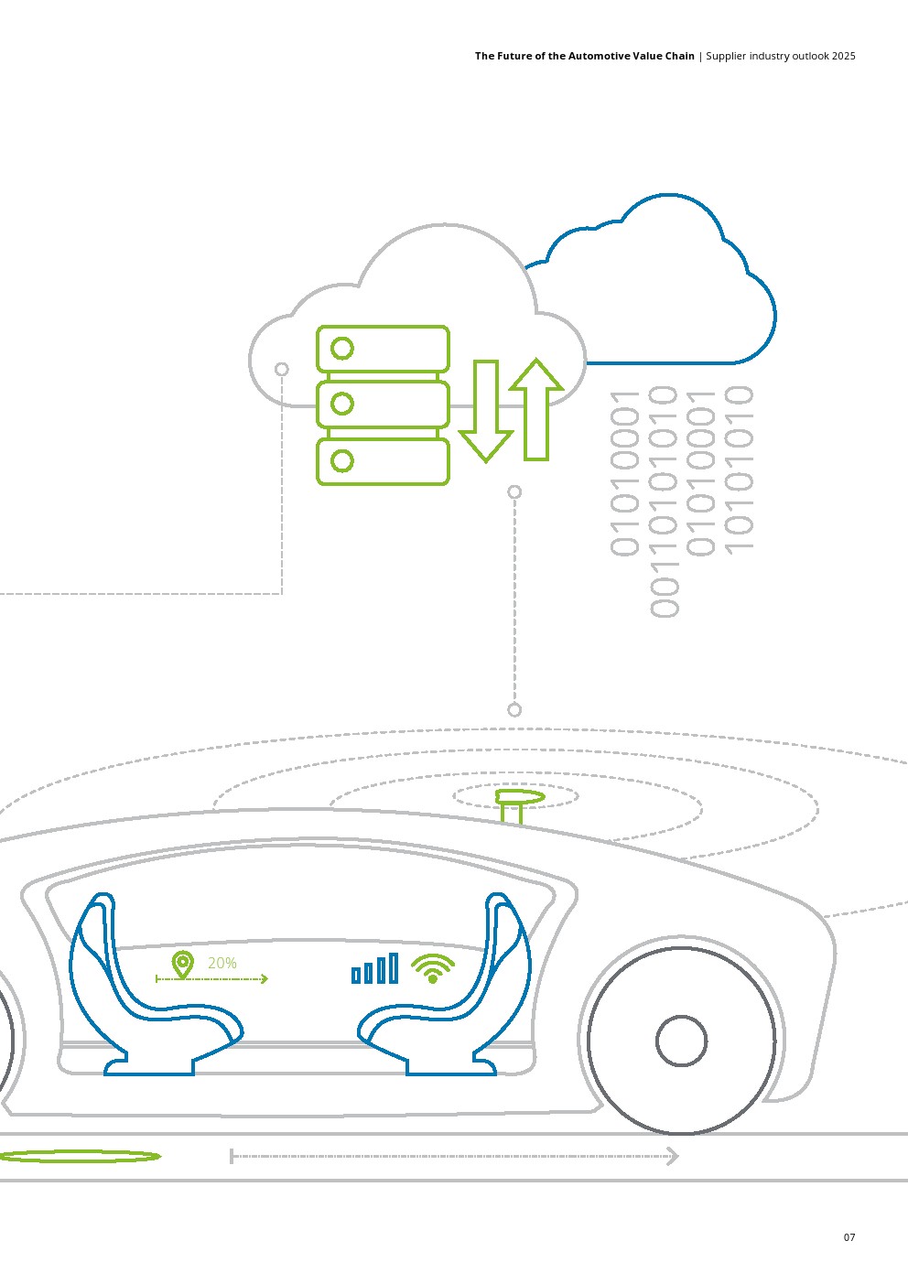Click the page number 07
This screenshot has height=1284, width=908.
coord(849,1237)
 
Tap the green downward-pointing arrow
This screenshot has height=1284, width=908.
coord(485,412)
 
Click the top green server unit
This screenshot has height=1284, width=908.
coord(383,349)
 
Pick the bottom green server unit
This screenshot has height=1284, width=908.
coord(383,461)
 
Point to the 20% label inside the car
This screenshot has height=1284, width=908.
coord(222,963)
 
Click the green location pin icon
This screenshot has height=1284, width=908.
coord(183,964)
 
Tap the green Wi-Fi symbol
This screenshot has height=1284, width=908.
coord(433,968)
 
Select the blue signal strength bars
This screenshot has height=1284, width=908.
coord(375,969)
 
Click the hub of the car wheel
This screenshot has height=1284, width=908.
coord(682,1041)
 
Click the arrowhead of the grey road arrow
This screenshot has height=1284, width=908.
coord(673,1156)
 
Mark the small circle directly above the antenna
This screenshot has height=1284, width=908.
coord(514,710)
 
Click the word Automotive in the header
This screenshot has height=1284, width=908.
coord(600,56)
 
